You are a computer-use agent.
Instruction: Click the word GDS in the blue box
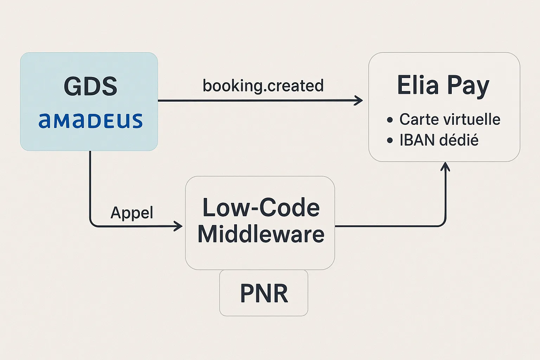click(x=90, y=86)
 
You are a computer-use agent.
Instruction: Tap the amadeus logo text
click(x=90, y=121)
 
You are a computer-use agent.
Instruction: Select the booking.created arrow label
click(x=263, y=86)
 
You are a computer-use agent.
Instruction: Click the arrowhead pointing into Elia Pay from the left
click(x=359, y=101)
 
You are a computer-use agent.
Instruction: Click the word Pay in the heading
click(x=468, y=86)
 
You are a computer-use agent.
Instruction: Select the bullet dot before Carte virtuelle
click(x=390, y=120)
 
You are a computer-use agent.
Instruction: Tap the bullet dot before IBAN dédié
click(x=390, y=141)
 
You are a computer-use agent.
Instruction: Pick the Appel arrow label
click(x=132, y=212)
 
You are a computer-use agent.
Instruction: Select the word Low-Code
click(x=261, y=208)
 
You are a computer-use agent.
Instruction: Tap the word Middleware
click(x=261, y=234)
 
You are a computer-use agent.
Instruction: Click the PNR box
click(x=264, y=293)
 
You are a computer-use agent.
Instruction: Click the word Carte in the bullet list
click(x=418, y=119)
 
